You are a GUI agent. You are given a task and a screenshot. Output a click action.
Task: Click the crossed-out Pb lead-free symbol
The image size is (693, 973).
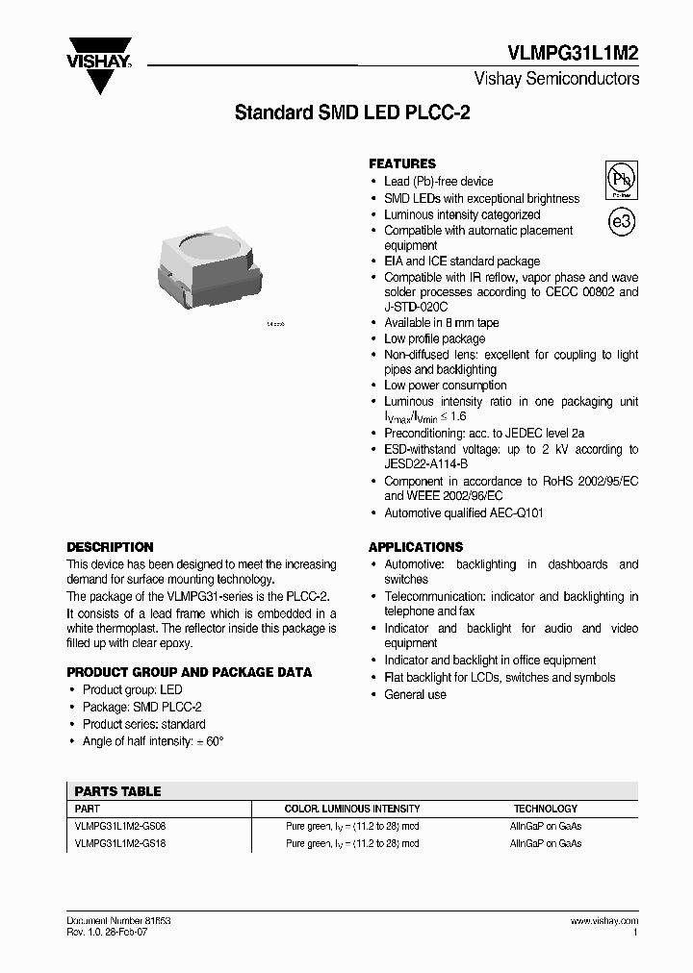[621, 180]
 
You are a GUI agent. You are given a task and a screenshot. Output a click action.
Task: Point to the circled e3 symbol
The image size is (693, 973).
[622, 221]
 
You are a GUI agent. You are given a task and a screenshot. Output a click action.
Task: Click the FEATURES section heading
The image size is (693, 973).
[402, 163]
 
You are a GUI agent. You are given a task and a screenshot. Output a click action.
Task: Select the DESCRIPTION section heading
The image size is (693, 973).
[110, 547]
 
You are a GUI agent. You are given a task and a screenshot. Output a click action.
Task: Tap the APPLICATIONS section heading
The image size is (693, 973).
[416, 547]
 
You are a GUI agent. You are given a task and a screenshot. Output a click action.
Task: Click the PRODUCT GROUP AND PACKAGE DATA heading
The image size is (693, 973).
[189, 672]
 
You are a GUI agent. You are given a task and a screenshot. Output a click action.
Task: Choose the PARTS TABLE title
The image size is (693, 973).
[117, 791]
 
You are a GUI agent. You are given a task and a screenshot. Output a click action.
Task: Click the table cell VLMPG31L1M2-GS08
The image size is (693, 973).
[119, 826]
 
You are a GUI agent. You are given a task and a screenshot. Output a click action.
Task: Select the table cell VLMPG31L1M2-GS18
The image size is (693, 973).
[119, 843]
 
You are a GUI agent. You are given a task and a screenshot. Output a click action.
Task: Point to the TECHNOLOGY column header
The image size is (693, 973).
[545, 809]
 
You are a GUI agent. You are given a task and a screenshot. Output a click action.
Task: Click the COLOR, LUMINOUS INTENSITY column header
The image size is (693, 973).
[352, 809]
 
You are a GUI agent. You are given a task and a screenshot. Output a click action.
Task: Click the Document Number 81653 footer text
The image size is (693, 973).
[118, 920]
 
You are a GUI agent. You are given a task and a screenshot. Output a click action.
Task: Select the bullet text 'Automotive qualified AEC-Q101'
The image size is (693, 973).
[464, 513]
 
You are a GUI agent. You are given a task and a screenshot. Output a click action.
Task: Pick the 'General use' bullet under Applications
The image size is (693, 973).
[415, 694]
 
